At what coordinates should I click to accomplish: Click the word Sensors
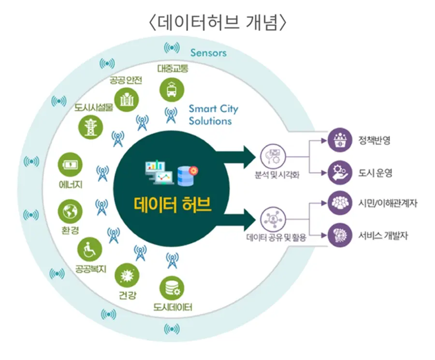[208, 53]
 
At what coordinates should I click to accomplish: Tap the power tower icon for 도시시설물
[90, 126]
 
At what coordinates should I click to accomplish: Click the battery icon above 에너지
[70, 165]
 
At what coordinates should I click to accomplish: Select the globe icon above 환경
[70, 210]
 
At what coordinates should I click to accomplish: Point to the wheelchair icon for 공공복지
[90, 249]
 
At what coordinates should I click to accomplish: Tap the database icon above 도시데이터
[172, 289]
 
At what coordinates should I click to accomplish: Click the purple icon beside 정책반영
[340, 141]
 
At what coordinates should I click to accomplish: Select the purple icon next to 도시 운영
[340, 172]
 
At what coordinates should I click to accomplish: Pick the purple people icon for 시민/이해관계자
[340, 203]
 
